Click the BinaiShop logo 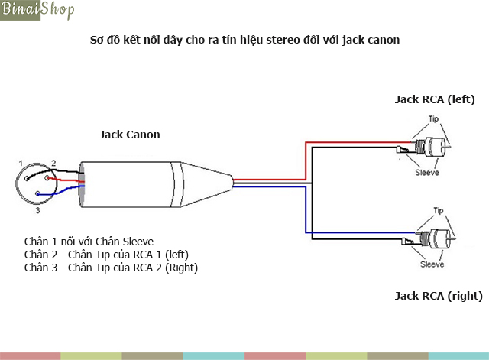point(38,11)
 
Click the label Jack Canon point(130,135)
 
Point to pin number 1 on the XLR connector point(21,164)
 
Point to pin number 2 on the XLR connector point(53,163)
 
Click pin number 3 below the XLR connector point(37,209)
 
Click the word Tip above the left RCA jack point(433,119)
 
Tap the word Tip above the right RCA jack point(439,209)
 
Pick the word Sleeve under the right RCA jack point(432,264)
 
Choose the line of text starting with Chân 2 point(105,255)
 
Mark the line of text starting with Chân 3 point(110,268)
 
